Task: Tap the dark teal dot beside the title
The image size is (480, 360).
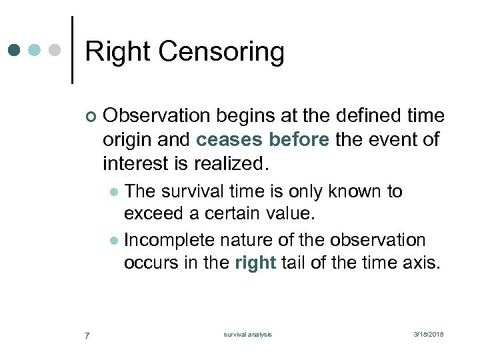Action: tap(15, 50)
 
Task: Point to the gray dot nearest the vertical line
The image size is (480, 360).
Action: tap(56, 50)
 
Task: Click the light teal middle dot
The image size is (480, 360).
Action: tap(35, 50)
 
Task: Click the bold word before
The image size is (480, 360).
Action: tap(300, 140)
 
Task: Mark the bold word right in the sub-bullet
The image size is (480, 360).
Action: tap(255, 263)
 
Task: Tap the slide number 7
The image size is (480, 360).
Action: tap(87, 335)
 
